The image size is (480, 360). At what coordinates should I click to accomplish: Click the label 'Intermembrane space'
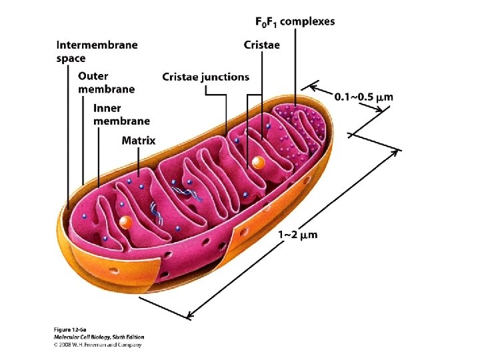[97, 51]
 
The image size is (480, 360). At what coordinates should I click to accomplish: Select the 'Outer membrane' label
[106, 83]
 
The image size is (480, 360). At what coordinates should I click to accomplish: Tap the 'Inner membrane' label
[121, 114]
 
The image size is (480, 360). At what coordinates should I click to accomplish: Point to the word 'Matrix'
[139, 141]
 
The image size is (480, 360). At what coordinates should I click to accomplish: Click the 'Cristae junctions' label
[205, 77]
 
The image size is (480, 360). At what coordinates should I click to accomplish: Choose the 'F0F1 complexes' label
[295, 21]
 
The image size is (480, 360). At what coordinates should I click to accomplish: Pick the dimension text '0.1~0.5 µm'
[363, 97]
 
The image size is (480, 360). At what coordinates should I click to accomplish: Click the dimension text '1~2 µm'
[297, 234]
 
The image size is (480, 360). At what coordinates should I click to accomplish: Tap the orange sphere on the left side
[125, 222]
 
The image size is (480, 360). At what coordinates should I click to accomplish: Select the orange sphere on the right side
[257, 162]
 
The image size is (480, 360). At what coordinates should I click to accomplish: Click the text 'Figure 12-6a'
[69, 330]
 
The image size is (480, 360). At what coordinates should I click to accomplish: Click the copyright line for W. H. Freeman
[97, 345]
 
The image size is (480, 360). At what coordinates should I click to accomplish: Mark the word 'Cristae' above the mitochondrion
[261, 45]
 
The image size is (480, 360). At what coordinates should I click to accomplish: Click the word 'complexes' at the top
[307, 21]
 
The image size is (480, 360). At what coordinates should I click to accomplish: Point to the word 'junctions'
[225, 77]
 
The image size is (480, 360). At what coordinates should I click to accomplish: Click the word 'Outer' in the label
[93, 76]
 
